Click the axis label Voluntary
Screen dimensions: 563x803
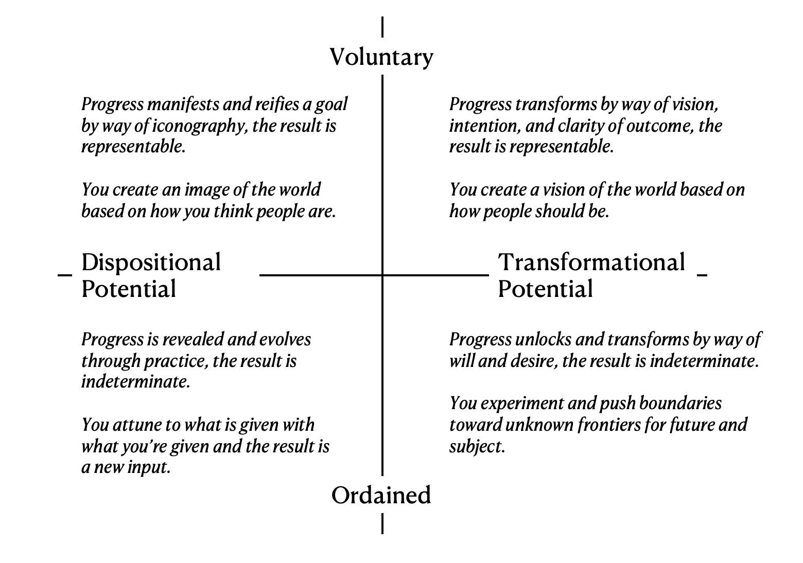pyautogui.click(x=381, y=57)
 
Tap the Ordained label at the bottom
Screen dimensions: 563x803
pyautogui.click(x=381, y=495)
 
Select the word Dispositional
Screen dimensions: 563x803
pyautogui.click(x=151, y=262)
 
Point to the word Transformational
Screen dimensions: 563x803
pyautogui.click(x=591, y=262)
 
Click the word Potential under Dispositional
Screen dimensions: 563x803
pyautogui.click(x=129, y=289)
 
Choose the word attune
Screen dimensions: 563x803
pyautogui.click(x=136, y=425)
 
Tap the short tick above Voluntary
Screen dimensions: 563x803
pyautogui.click(x=382, y=27)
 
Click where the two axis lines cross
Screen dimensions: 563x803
pyautogui.click(x=382, y=275)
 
